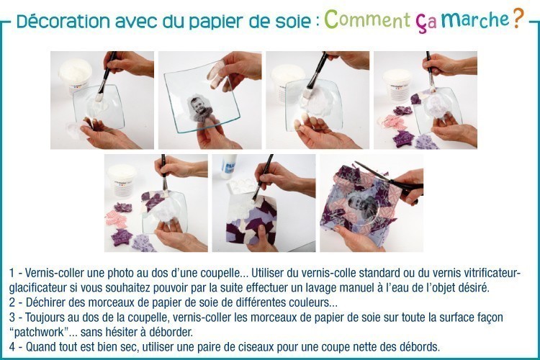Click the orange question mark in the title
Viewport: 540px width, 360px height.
tap(518, 18)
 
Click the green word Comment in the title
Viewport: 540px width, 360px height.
tap(367, 19)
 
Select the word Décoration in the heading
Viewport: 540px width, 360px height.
tap(63, 21)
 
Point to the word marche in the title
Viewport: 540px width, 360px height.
tap(475, 20)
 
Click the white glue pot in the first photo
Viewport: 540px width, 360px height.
tap(76, 76)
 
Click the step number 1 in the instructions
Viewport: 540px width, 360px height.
tap(12, 274)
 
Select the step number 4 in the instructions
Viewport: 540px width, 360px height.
tap(12, 346)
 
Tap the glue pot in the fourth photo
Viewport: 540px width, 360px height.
tap(397, 84)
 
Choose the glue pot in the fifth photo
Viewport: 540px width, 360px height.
tap(122, 179)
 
